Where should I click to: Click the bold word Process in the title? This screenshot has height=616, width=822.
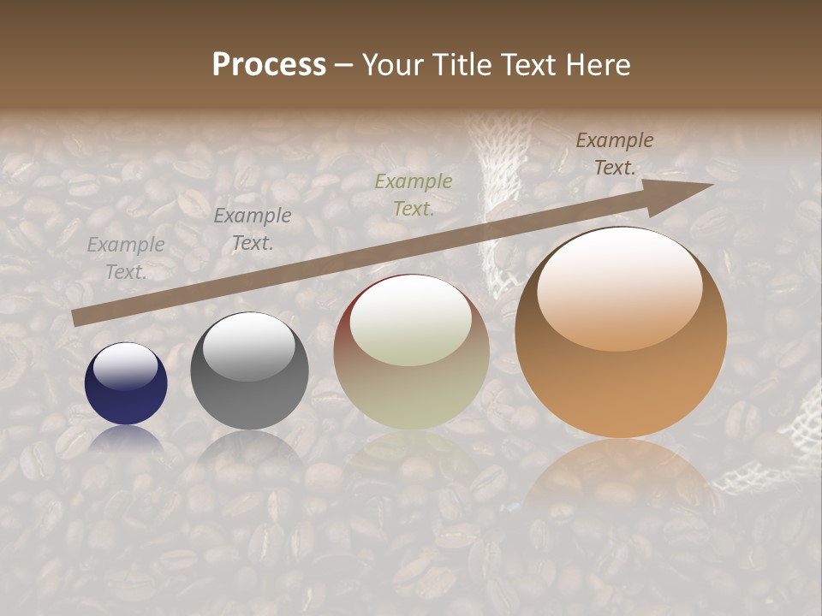[269, 64]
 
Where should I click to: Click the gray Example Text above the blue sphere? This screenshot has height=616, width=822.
[126, 258]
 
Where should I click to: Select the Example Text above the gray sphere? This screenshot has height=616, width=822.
[253, 229]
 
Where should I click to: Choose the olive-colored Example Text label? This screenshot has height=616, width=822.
[414, 194]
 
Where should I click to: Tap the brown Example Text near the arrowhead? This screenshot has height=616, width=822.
[615, 154]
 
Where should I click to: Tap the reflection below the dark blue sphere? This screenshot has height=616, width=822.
[126, 438]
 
